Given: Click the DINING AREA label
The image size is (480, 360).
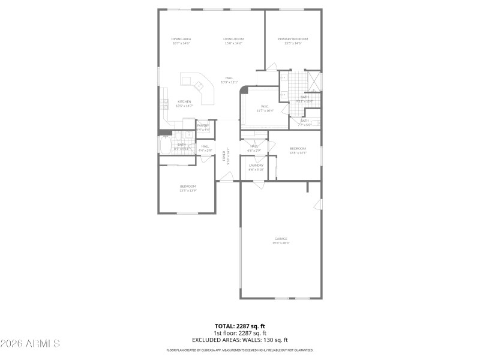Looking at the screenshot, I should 181,39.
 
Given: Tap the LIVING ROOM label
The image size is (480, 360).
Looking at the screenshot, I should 233,39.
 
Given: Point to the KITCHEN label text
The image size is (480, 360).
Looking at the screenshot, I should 184,102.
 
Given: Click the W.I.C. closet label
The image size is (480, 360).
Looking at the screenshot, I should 265,107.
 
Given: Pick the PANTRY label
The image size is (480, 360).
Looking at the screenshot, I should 203,125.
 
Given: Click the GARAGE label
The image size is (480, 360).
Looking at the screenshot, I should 281,239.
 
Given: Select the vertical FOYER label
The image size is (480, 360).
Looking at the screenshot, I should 224,156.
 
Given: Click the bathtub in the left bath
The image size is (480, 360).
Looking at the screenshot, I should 166,146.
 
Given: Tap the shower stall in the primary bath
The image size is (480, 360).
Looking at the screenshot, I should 314,80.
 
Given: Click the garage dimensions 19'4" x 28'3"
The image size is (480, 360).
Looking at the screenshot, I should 281,243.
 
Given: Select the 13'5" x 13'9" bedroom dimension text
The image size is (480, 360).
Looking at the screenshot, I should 188,191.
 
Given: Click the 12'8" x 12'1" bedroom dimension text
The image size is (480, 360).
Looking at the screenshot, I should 298,152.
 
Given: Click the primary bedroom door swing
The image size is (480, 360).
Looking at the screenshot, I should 271,65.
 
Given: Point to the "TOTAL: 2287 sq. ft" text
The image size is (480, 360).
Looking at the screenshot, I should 239,327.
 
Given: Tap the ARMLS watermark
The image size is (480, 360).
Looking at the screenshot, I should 30,344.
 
